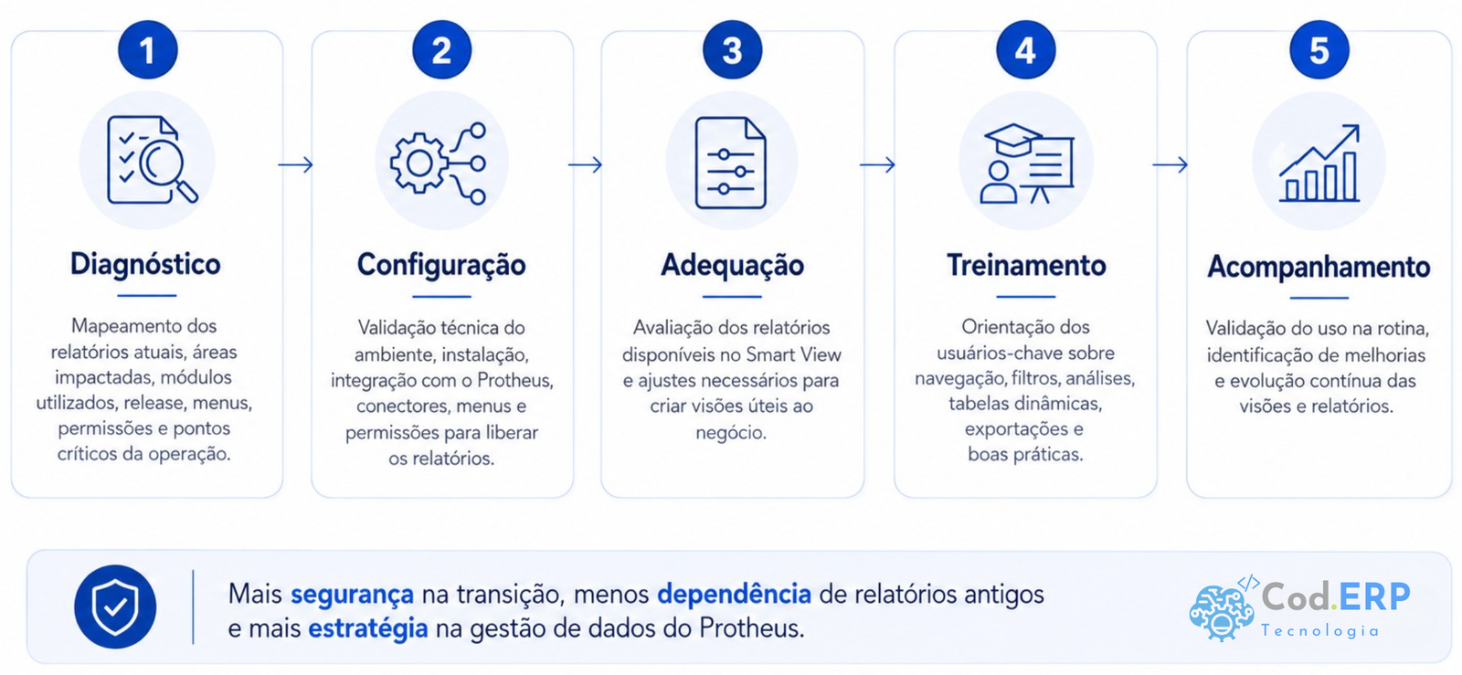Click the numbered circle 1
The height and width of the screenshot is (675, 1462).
[147, 50]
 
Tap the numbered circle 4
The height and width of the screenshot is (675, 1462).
[1025, 50]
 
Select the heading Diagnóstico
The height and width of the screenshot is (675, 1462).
[145, 265]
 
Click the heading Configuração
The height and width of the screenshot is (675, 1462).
[441, 266]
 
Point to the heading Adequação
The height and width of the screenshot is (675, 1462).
[732, 266]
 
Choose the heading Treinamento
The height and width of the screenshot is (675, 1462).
[1026, 266]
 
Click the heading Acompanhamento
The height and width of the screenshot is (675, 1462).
[1319, 267]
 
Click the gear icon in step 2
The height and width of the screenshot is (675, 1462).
[419, 163]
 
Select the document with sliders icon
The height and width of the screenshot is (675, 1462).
[730, 163]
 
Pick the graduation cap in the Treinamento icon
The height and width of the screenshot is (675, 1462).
[1013, 140]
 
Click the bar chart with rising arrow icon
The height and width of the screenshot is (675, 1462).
[1319, 163]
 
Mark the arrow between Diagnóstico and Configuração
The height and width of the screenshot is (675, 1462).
[296, 164]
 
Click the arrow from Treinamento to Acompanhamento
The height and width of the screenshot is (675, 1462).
[1171, 164]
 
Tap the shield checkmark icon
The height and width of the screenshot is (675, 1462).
[115, 606]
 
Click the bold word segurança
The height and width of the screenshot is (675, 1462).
[352, 595]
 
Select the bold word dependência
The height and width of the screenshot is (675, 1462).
[734, 595]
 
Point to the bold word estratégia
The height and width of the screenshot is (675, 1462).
[368, 629]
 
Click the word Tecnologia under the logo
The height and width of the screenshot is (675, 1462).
[1319, 630]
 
